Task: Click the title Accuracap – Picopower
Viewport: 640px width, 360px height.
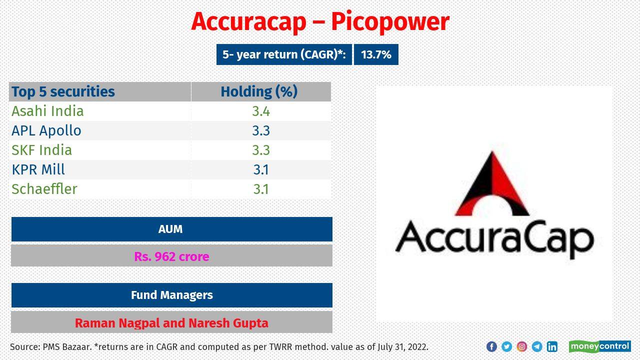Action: (320, 22)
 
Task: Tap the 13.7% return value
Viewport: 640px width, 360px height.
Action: (376, 55)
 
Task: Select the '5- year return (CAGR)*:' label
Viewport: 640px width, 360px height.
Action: (284, 55)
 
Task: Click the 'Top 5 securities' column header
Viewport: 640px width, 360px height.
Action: (63, 92)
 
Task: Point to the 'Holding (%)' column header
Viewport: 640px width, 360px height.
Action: (259, 92)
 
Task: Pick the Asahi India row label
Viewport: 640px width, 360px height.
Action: (47, 111)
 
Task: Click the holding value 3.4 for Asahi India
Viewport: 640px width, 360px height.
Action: (260, 111)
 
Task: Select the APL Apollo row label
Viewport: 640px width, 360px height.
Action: (46, 130)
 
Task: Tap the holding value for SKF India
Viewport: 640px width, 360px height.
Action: (260, 150)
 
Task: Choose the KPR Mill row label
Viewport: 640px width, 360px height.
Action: (38, 169)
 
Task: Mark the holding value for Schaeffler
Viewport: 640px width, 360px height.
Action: (260, 189)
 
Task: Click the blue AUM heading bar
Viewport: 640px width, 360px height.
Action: (171, 229)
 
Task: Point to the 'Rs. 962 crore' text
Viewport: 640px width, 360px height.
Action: (171, 256)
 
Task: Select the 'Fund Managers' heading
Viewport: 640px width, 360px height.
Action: (171, 295)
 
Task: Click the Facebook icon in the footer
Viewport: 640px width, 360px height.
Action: (491, 346)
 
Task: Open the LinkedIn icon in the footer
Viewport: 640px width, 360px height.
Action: (552, 346)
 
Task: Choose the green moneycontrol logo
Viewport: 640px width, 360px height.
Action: (599, 346)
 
